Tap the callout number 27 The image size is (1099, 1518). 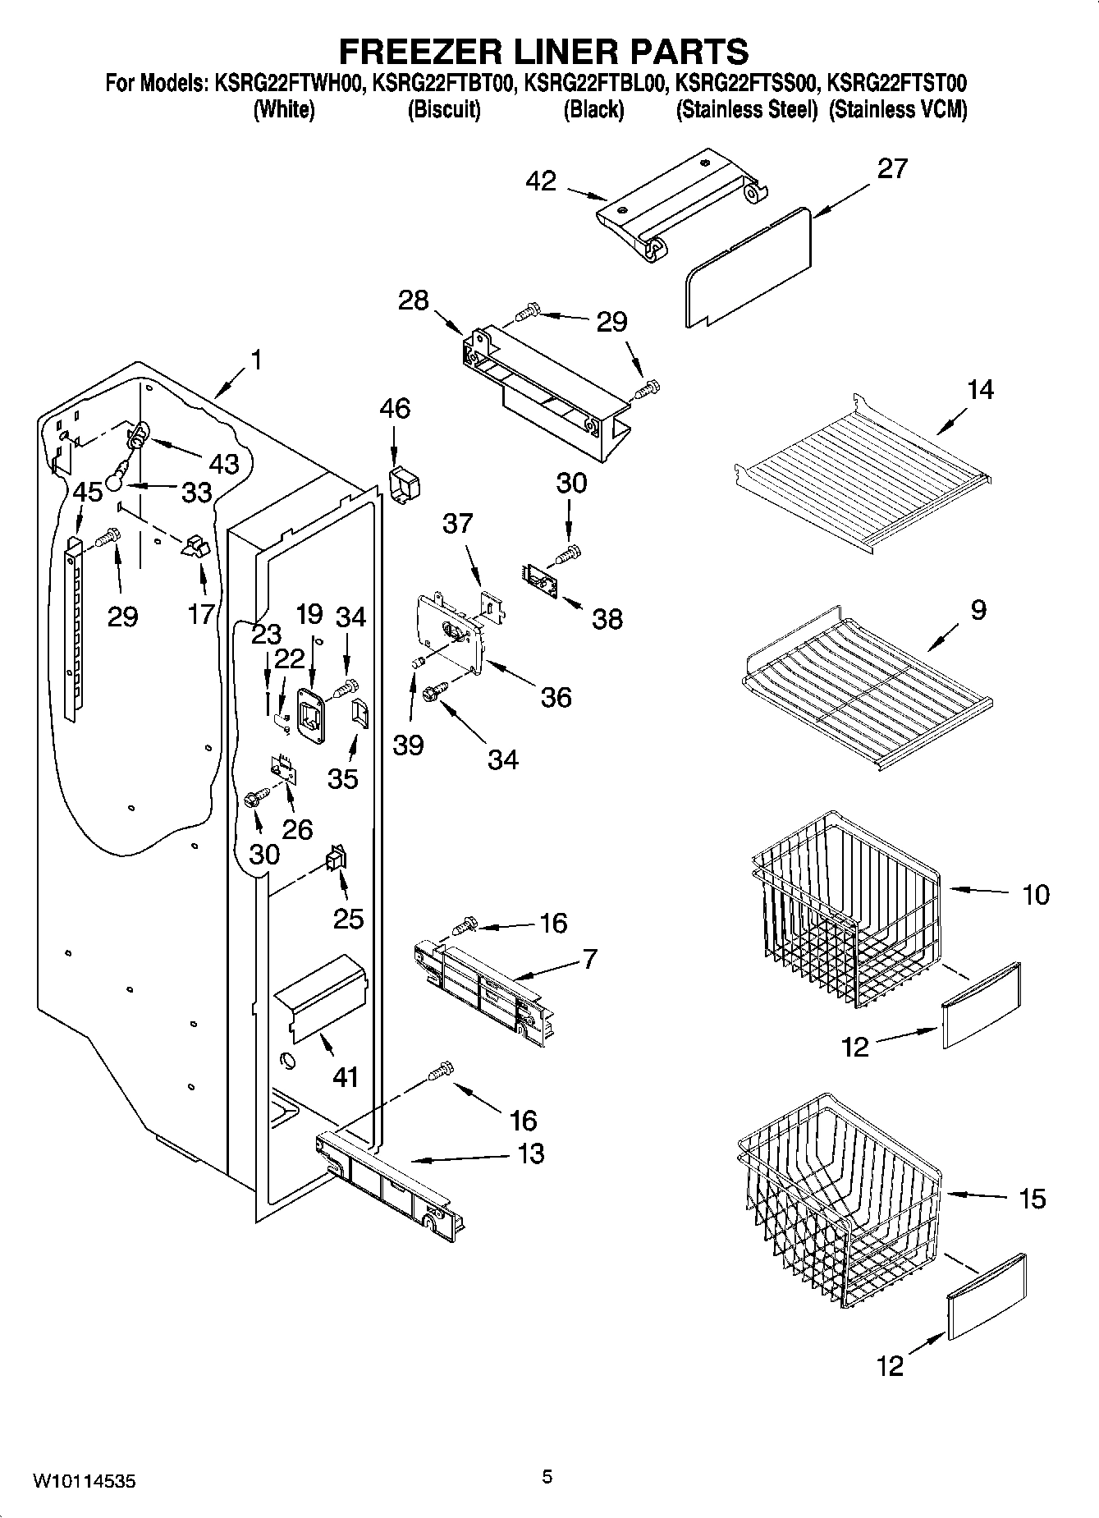tap(892, 168)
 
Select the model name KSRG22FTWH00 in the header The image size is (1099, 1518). tap(290, 83)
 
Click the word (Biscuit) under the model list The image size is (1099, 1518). tap(444, 109)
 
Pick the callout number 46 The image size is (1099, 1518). tap(395, 408)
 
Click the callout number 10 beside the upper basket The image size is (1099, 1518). tap(1036, 894)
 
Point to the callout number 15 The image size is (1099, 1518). tap(1032, 1199)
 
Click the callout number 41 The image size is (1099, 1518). tap(346, 1075)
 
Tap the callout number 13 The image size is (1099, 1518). tap(531, 1153)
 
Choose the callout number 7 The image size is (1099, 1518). tap(589, 958)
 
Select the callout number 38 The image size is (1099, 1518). tap(607, 618)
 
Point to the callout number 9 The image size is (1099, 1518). tap(977, 609)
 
